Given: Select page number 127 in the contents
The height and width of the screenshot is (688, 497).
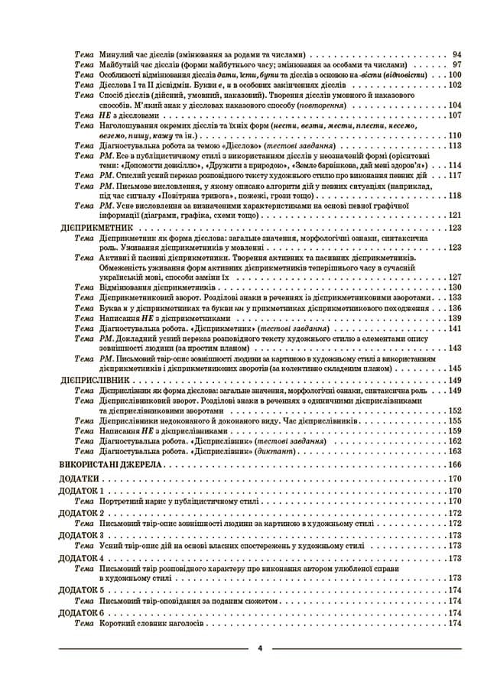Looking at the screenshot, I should [455, 277].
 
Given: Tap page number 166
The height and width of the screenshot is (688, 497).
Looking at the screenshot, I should [455, 465].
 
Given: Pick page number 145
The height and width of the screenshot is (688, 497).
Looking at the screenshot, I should [455, 368].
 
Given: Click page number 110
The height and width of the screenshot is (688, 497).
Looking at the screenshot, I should [455, 135].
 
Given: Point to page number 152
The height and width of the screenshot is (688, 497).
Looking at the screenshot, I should [455, 411].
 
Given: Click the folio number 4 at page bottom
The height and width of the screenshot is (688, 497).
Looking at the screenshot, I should [260, 648].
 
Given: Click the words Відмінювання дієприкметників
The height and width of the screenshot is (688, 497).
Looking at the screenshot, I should [153, 287].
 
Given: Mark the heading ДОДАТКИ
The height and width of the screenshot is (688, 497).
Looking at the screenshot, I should [78, 479].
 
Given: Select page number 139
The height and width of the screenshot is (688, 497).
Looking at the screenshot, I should [455, 317].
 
